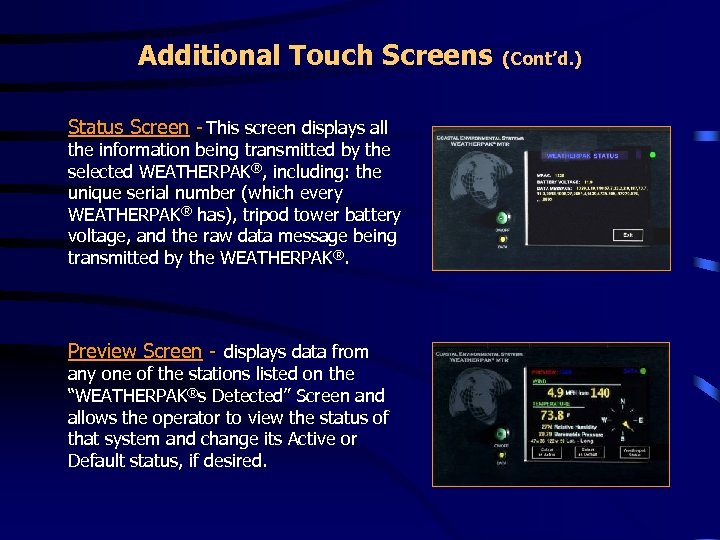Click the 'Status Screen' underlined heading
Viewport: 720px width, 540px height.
click(127, 127)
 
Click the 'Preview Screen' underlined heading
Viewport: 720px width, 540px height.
click(134, 351)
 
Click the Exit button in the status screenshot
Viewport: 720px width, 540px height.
click(627, 235)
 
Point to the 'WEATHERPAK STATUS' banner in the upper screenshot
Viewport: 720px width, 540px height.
click(583, 156)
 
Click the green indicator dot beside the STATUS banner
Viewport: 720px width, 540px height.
click(652, 155)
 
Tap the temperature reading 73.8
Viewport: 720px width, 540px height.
click(551, 415)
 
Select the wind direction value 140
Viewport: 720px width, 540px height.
click(599, 393)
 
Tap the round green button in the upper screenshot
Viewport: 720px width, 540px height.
click(503, 218)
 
